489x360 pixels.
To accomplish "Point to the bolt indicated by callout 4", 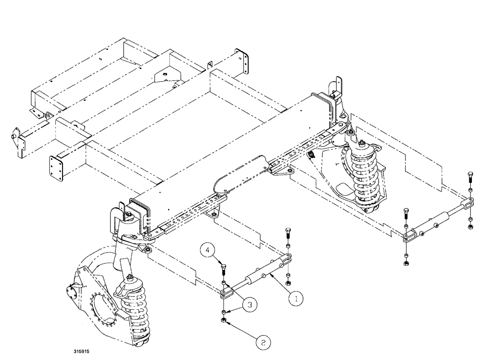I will pos(223,269).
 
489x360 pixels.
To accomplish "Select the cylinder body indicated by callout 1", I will pos(259,278).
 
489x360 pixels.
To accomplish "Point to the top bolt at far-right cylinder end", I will pos(470,177).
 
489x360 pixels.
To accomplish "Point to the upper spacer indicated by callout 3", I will pos(224,284).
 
